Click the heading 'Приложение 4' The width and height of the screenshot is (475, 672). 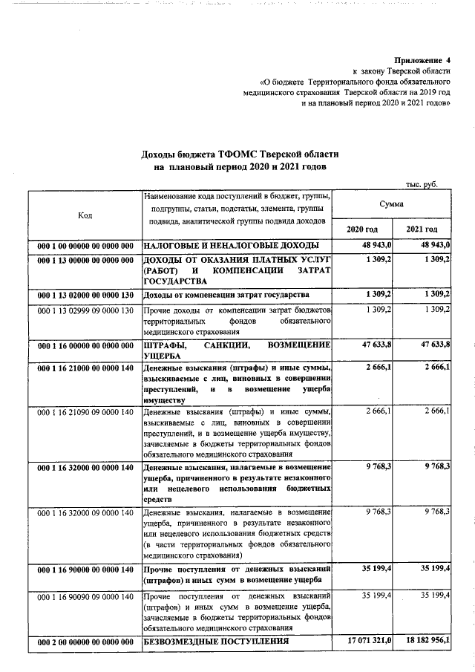tap(422, 59)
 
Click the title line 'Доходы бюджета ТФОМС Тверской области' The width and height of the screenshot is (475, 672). tap(239, 154)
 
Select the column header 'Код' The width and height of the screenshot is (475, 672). tap(85, 215)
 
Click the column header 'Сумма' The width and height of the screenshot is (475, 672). tap(390, 203)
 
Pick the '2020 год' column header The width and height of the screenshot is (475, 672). tap(362, 229)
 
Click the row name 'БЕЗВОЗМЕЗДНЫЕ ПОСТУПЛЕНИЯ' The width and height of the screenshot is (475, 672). tap(216, 640)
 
